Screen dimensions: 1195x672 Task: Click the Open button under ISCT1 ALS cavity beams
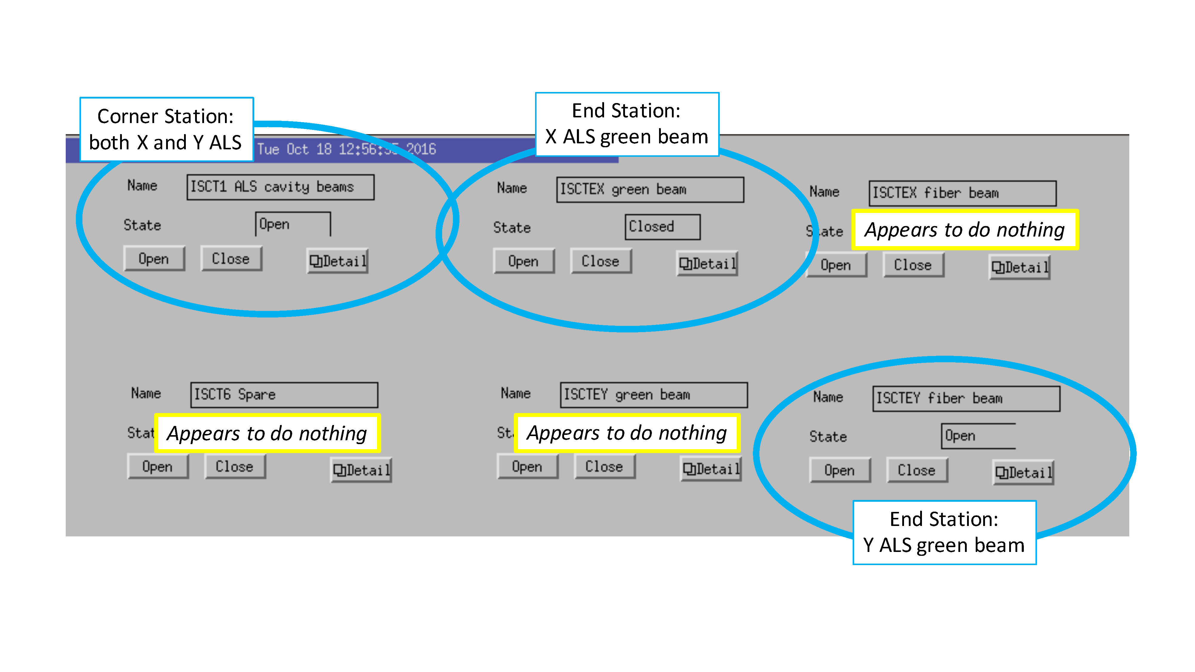point(154,258)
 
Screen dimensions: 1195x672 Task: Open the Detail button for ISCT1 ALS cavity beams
point(337,261)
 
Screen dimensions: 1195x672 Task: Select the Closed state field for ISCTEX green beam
point(662,227)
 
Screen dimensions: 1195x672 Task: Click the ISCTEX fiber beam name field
point(963,193)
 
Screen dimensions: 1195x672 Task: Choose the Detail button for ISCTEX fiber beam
point(1020,267)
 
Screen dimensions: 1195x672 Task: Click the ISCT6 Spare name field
point(284,395)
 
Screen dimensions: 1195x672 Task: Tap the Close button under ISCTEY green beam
point(604,466)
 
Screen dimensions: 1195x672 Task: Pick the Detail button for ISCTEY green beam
point(711,469)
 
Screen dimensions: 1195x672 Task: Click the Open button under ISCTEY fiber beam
point(840,470)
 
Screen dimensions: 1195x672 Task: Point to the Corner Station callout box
point(166,129)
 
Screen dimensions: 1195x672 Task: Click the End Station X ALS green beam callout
point(627,124)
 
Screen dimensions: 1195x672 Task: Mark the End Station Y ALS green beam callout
point(944,533)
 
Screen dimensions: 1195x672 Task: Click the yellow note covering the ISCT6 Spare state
point(268,433)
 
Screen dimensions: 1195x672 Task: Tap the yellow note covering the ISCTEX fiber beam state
point(965,230)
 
